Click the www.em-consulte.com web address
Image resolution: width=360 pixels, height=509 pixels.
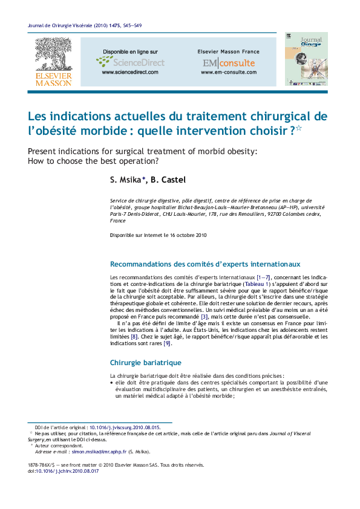point(228,72)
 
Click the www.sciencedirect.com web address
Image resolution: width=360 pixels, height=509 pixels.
point(129,72)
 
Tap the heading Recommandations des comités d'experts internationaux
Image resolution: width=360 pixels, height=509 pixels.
point(205,264)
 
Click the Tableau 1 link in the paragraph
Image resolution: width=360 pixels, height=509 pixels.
point(256,284)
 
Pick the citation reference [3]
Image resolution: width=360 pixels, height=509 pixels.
point(205,316)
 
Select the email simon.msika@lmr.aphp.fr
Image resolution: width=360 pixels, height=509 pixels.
point(99,452)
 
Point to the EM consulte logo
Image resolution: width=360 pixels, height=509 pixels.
point(228,63)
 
